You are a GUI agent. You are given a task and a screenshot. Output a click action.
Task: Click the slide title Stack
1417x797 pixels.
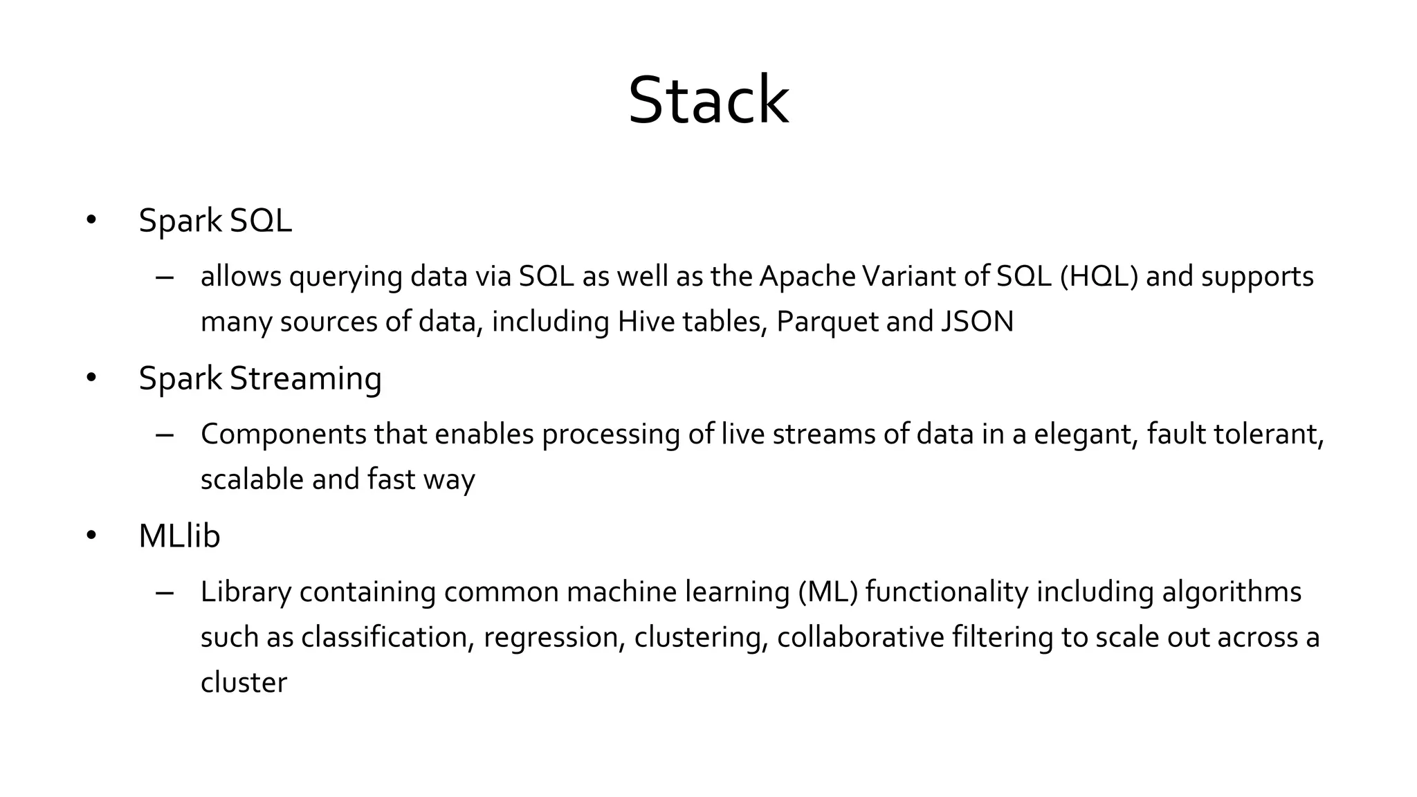[x=708, y=101]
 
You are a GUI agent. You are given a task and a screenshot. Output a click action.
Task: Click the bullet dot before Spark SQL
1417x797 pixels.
[x=91, y=221]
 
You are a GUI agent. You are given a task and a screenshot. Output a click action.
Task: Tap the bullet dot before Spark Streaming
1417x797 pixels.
[x=91, y=378]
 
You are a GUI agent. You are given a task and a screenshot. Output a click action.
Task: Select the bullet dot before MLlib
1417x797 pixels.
[x=91, y=536]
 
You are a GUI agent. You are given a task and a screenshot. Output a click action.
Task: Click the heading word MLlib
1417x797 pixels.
[x=179, y=536]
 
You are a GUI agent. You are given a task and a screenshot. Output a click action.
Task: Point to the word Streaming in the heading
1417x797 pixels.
[x=305, y=379]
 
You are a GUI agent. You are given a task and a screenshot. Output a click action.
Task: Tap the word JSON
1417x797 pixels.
[x=977, y=322]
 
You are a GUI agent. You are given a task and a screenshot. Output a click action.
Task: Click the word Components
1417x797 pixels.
[x=284, y=435]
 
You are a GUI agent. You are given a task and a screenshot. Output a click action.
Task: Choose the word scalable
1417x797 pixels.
[x=252, y=479]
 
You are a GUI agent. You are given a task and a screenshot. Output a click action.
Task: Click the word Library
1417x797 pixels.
[x=246, y=593]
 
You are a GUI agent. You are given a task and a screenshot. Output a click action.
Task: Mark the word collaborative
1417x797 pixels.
[x=860, y=637]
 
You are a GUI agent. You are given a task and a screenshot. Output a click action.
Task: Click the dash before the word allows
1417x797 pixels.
[x=165, y=277]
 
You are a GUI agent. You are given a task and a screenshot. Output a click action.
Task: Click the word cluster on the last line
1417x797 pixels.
[x=244, y=683]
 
